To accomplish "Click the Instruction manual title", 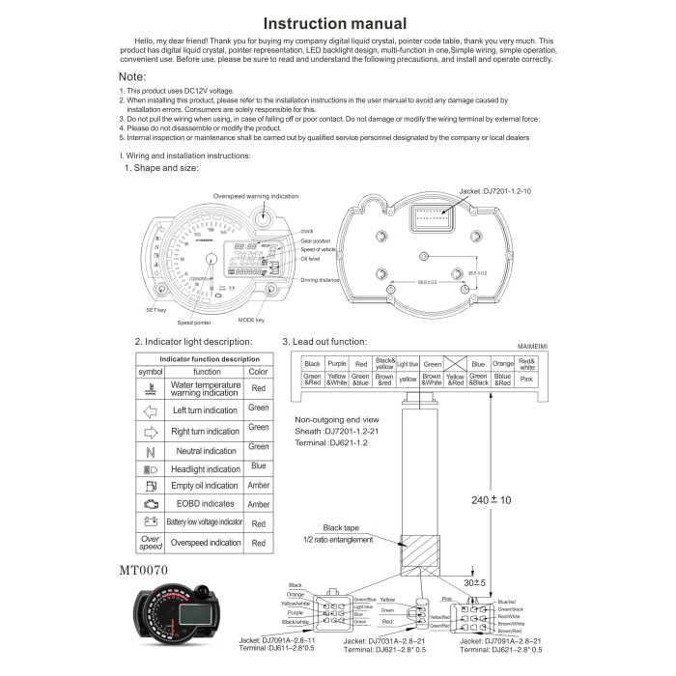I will (x=336, y=23).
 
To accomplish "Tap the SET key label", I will (x=157, y=310).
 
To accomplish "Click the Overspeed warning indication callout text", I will (x=256, y=196).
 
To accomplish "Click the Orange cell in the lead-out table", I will (x=502, y=364).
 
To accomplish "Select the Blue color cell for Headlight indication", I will (x=258, y=466).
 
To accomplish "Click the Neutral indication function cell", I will (x=206, y=451).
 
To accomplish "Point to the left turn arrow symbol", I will (x=151, y=409).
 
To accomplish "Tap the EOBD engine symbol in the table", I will (x=151, y=503).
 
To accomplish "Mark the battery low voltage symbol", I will (x=151, y=521).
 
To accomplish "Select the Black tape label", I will (x=340, y=528).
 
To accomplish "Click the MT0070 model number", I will (x=144, y=571).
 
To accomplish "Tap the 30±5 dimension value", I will (x=474, y=582).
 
